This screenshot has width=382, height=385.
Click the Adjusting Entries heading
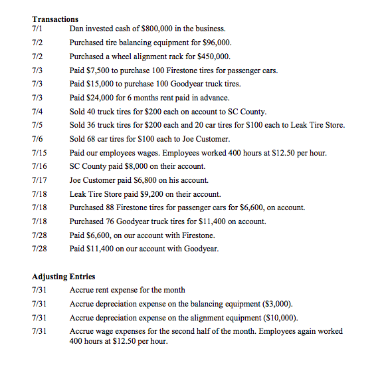(x=64, y=276)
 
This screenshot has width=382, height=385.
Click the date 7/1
(x=37, y=29)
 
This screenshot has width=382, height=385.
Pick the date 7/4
(x=37, y=111)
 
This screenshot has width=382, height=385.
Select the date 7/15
(x=39, y=153)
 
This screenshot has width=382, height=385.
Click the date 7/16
(x=39, y=166)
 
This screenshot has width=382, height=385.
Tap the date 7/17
(x=39, y=180)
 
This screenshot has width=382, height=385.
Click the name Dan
(x=76, y=29)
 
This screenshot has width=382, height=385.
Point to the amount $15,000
(x=96, y=84)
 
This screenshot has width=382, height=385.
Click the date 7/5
(x=37, y=125)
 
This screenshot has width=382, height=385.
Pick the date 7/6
(x=37, y=139)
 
